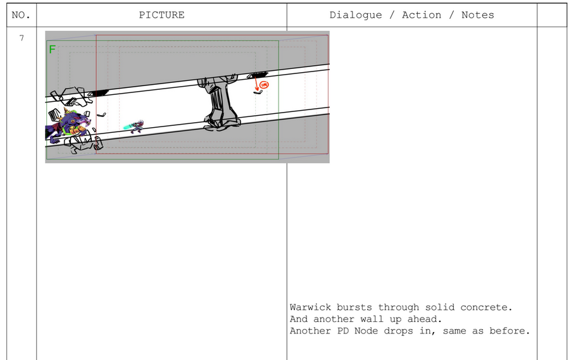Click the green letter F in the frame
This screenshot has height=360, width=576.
pyautogui.click(x=52, y=49)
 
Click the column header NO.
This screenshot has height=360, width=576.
pyautogui.click(x=21, y=15)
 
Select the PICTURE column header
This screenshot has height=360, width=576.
pyautogui.click(x=161, y=15)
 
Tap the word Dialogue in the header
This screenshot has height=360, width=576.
pyautogui.click(x=356, y=15)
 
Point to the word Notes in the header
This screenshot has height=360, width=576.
pyautogui.click(x=477, y=15)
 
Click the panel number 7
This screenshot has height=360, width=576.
pyautogui.click(x=22, y=38)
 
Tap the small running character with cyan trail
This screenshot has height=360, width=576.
pyautogui.click(x=134, y=127)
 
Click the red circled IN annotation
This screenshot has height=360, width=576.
pyautogui.click(x=264, y=85)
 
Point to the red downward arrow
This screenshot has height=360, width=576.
pyautogui.click(x=256, y=84)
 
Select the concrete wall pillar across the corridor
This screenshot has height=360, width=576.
pyautogui.click(x=220, y=103)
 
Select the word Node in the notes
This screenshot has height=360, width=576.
pyautogui.click(x=366, y=331)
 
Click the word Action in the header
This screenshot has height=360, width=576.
pyautogui.click(x=422, y=15)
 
